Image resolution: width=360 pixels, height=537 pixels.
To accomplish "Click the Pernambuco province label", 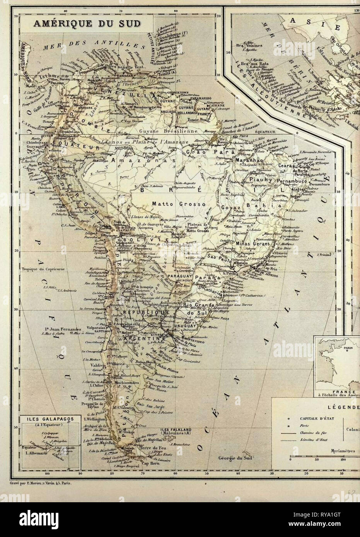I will click(x=299, y=180).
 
